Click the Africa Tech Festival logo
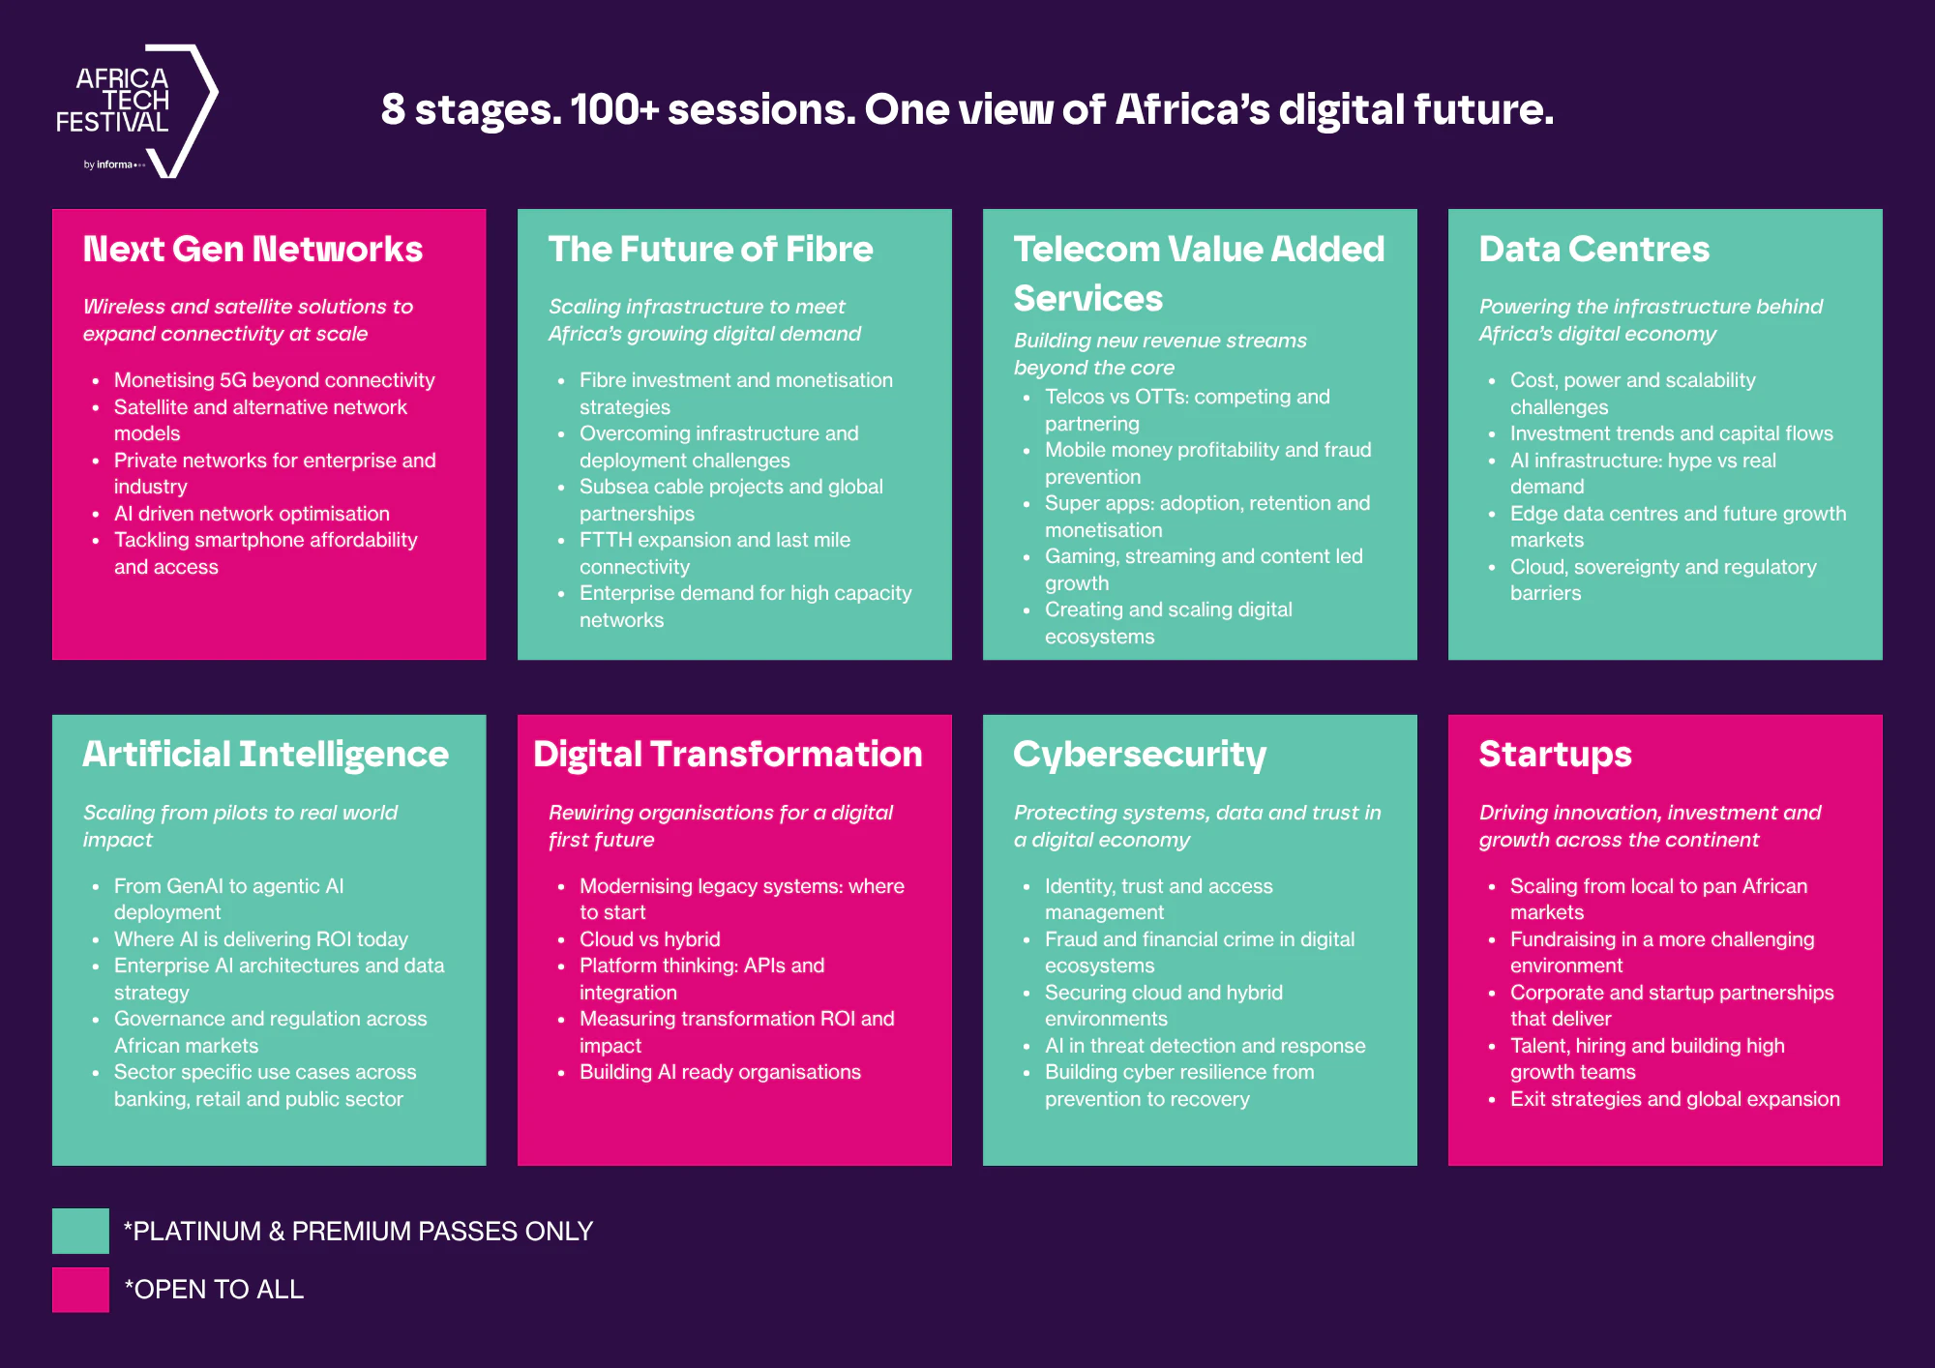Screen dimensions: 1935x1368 pos(136,110)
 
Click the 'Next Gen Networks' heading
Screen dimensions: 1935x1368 pos(253,250)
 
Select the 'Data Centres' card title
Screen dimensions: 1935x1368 pos(1594,250)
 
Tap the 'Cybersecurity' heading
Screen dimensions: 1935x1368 pos(1140,755)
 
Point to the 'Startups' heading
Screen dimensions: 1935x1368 pos(1556,755)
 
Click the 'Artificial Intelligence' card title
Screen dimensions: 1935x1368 pos(266,755)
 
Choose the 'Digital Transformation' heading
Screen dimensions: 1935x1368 pos(729,755)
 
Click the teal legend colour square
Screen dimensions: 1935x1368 pos(80,1231)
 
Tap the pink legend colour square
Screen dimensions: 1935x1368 pos(80,1290)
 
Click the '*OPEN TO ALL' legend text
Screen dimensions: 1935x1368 pos(214,1290)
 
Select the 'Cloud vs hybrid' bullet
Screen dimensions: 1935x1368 pos(650,939)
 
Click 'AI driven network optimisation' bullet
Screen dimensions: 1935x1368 pos(252,514)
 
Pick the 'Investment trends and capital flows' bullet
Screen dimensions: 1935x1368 pos(1672,433)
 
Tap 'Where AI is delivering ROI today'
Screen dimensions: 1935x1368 pos(261,939)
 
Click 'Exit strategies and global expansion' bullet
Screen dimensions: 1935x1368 pos(1675,1099)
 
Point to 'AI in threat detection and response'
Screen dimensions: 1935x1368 pos(1206,1046)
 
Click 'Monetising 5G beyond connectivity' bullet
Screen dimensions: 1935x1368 pos(275,380)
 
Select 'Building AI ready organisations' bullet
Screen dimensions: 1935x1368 pos(720,1072)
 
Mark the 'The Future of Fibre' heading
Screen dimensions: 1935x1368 pos(711,250)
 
